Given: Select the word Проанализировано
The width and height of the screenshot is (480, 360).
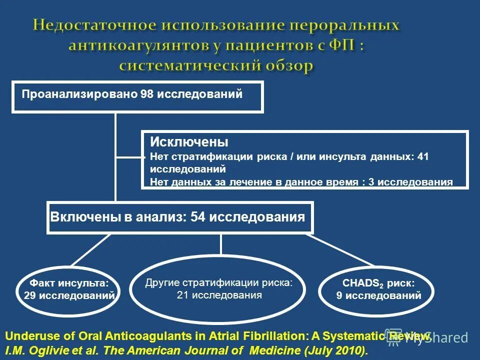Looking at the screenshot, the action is point(79,94).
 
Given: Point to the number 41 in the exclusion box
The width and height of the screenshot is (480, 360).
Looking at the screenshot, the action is point(423,157).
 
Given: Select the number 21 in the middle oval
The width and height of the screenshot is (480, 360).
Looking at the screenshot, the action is point(182,295).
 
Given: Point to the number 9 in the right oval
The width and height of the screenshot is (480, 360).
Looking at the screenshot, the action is point(339,295).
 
